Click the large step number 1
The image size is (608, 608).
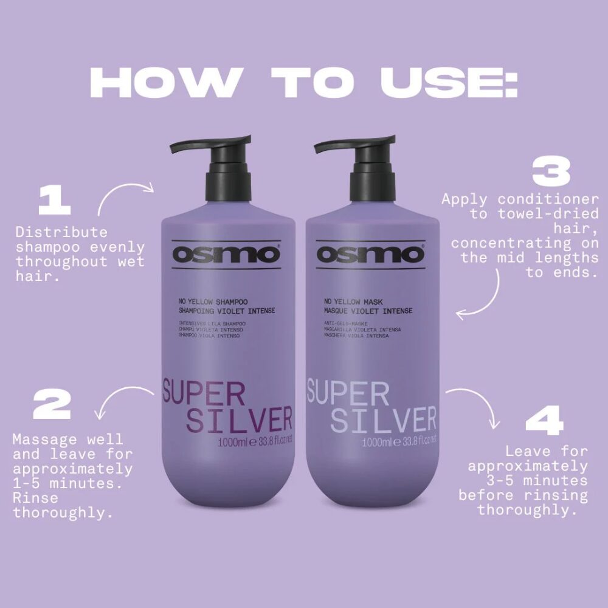(x=54, y=201)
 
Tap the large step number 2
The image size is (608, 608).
(x=52, y=404)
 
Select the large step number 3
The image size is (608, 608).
(x=551, y=171)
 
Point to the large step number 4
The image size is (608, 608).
(x=544, y=420)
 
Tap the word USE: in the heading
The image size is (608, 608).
(x=449, y=83)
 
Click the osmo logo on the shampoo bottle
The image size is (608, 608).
(x=226, y=254)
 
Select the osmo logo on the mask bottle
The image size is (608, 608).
(x=370, y=254)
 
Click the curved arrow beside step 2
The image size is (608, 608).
(x=116, y=392)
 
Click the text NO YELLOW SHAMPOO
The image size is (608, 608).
(x=213, y=302)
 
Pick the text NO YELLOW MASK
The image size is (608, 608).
(x=353, y=302)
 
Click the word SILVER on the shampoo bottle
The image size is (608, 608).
(x=239, y=420)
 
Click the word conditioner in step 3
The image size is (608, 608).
(x=548, y=199)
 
